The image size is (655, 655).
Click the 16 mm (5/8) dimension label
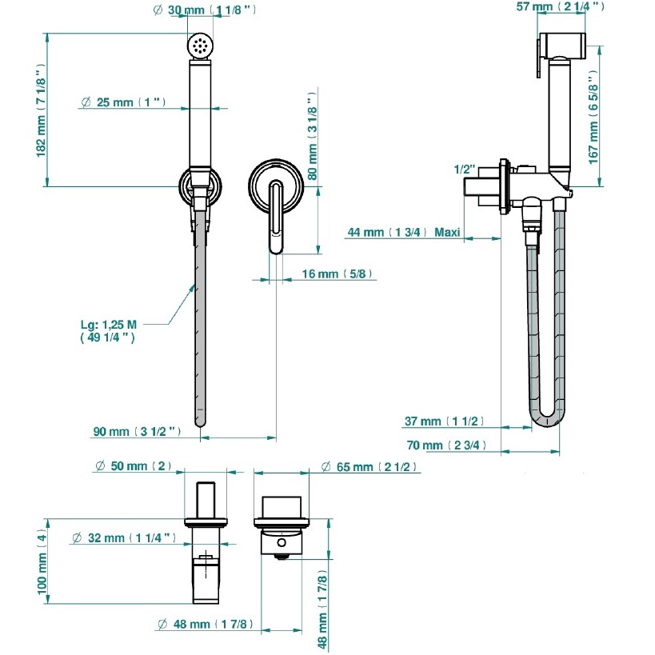tap(336, 274)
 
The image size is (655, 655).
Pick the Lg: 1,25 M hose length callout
tap(109, 330)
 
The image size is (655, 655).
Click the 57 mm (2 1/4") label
tap(559, 7)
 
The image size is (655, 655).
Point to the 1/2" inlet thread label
tap(464, 170)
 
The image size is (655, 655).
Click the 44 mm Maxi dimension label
tap(403, 233)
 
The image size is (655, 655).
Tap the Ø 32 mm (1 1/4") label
tap(123, 538)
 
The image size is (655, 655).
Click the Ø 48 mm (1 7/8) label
tap(203, 625)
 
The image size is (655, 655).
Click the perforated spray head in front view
tap(200, 45)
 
